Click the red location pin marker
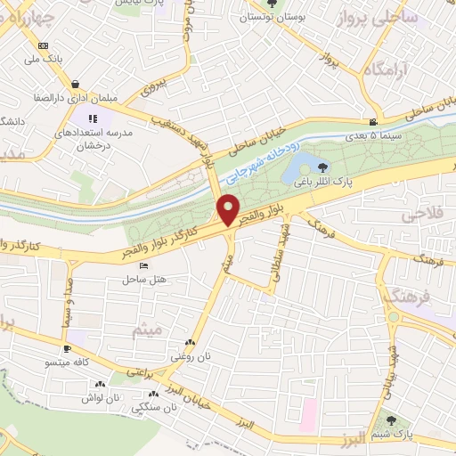click(229, 210)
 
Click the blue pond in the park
click(303, 165)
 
